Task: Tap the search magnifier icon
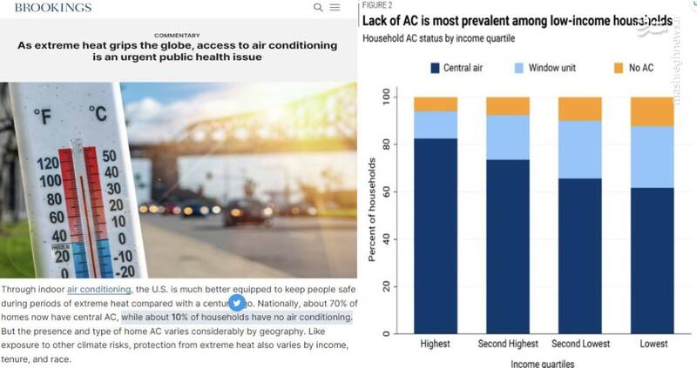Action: coord(318,7)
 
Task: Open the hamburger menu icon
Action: coord(335,7)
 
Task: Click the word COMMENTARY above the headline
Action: coord(177,36)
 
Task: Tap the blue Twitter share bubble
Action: coord(235,303)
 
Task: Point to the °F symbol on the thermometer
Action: coord(43,114)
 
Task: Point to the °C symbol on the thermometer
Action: coord(98,114)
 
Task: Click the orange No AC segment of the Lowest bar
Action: coord(653,111)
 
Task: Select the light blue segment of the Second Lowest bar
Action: coord(579,150)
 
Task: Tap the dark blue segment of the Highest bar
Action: coord(436,235)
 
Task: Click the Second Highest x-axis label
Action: coord(507,345)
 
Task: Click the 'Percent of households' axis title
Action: coord(371,209)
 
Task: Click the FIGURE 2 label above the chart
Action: coord(376,4)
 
